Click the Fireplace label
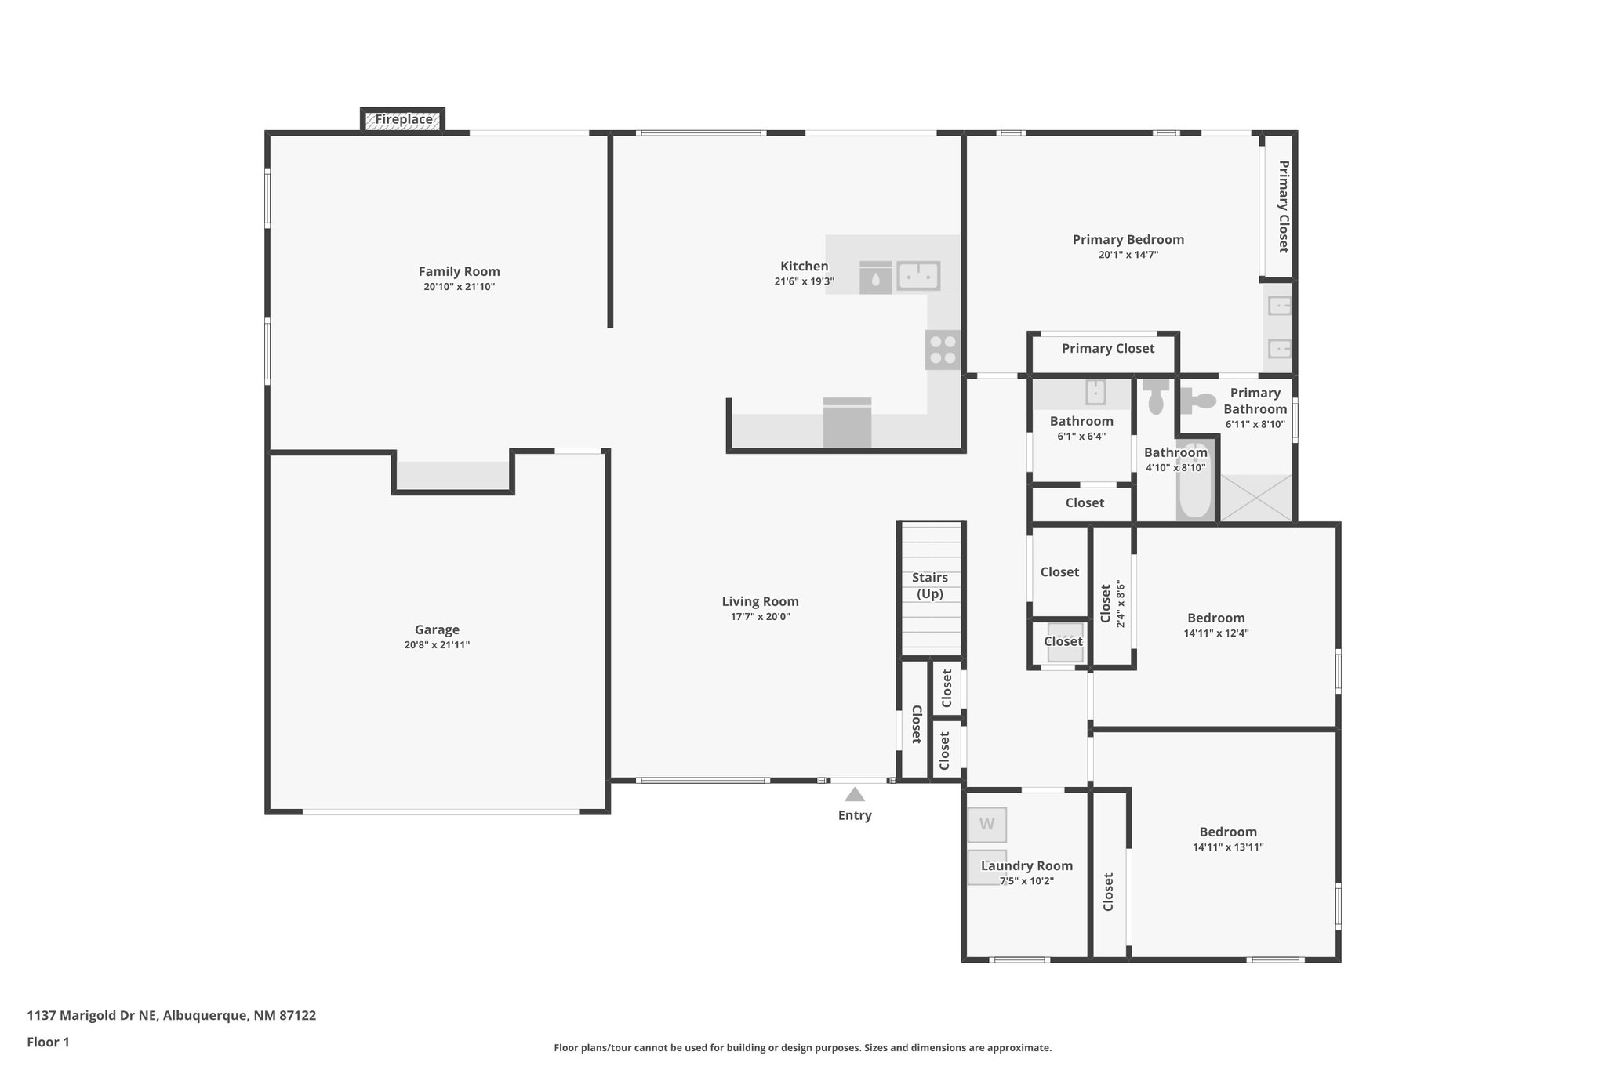(x=403, y=120)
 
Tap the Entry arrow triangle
(x=855, y=794)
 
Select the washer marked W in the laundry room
(x=986, y=824)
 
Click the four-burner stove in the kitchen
(x=943, y=350)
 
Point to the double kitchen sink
(x=918, y=276)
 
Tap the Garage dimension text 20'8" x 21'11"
(x=437, y=645)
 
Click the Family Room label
(x=459, y=271)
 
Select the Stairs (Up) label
(x=930, y=586)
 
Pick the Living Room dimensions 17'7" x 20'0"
(x=760, y=617)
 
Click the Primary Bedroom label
(x=1128, y=239)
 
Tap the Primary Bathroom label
(x=1255, y=401)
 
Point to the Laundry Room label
(x=1026, y=865)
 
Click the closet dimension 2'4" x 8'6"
(x=1121, y=604)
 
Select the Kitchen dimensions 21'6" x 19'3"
(x=804, y=281)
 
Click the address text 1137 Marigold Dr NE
(x=92, y=1016)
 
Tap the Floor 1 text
(x=48, y=1043)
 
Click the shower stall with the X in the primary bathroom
(x=1256, y=498)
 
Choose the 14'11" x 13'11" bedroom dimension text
(x=1228, y=847)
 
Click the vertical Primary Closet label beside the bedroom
(x=1283, y=206)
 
